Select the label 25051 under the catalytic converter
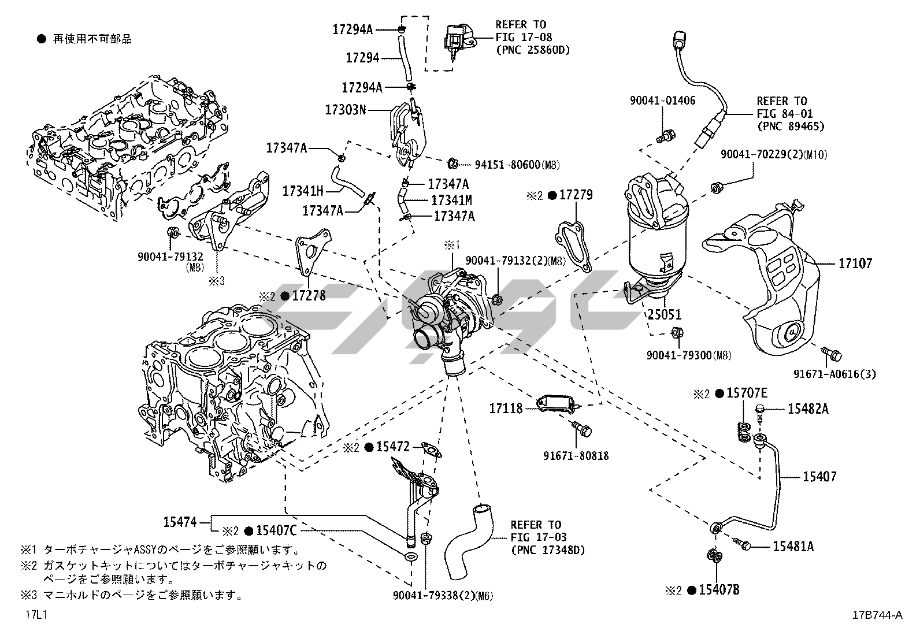665,315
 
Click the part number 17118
506,409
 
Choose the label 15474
180,522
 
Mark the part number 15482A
808,409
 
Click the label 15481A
793,545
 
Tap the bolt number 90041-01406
663,101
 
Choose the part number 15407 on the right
819,477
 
